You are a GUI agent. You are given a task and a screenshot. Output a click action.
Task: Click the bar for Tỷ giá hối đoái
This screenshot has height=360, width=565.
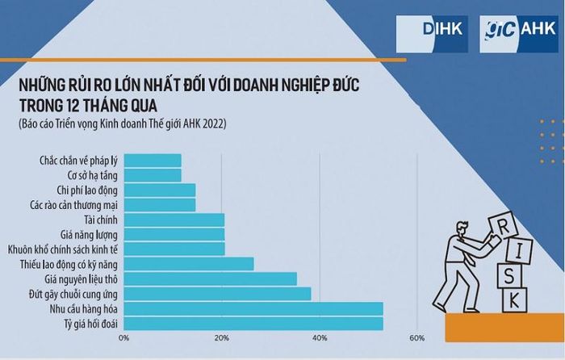click(253, 324)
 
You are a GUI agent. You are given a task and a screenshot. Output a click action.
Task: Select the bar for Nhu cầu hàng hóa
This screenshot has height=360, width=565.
click(253, 308)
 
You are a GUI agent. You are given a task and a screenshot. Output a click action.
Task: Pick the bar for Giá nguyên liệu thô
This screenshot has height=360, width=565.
click(210, 278)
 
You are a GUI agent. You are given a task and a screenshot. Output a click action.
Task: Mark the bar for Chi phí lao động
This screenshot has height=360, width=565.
click(159, 190)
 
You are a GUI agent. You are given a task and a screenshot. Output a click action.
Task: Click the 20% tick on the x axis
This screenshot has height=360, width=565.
click(221, 338)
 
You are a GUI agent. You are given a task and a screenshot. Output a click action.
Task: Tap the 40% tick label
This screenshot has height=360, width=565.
click(320, 338)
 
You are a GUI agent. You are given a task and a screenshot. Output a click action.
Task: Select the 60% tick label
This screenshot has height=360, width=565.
click(416, 338)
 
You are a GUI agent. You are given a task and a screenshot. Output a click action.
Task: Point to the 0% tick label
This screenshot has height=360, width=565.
click(123, 338)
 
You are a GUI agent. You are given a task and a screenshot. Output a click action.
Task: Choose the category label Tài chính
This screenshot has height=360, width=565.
click(101, 220)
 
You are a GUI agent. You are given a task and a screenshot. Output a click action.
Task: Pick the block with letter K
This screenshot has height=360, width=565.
click(512, 300)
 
